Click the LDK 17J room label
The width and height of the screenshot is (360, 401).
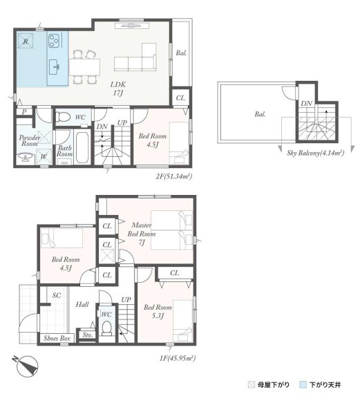[118, 88]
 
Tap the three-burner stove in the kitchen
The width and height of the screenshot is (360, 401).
[54, 41]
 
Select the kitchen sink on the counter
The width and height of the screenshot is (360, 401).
[54, 67]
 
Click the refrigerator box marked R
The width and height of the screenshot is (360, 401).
[26, 41]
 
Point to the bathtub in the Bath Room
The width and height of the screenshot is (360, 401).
[82, 147]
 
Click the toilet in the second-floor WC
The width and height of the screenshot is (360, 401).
[63, 118]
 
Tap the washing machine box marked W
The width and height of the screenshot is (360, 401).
[44, 156]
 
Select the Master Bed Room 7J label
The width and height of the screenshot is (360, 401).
[142, 234]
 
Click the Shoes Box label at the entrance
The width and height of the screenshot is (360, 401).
[57, 338]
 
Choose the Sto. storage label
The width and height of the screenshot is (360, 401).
[88, 335]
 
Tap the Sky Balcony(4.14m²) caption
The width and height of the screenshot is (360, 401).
[316, 153]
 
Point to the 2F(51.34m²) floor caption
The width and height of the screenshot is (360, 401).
[174, 176]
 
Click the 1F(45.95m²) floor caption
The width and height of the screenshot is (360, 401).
[178, 358]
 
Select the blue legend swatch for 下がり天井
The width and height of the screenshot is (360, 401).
[303, 384]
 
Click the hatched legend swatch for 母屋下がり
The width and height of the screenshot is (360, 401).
[252, 384]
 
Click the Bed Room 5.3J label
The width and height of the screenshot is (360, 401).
[158, 311]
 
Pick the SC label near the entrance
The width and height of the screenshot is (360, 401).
[57, 295]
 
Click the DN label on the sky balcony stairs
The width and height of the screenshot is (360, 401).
[306, 103]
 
